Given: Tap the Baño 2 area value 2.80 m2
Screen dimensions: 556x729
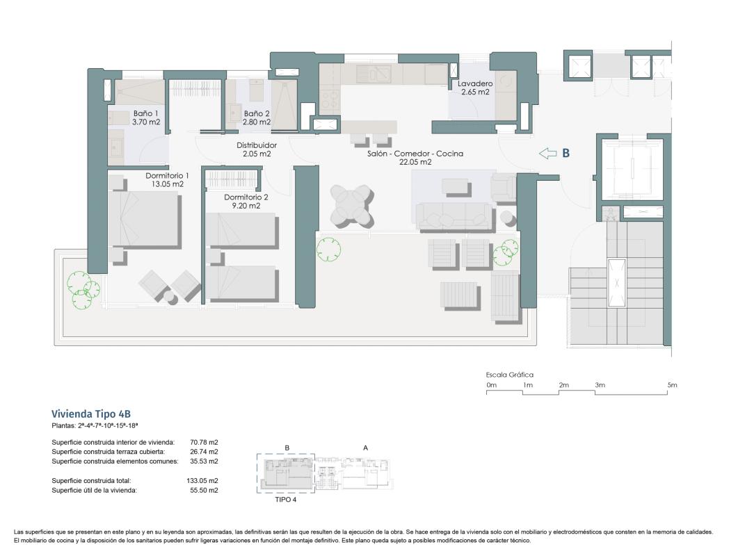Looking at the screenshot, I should pos(257,122).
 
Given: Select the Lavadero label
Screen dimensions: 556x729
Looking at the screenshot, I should pos(475,83).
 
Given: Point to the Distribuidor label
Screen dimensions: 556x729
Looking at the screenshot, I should pos(257,145).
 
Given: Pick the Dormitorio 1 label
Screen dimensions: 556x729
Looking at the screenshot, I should pos(167,176).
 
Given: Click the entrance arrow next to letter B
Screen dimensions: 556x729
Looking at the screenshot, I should pos(548,154).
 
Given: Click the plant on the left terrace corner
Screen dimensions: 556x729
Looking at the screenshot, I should pos(81,286).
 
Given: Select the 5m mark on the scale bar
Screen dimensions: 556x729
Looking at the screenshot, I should pos(671,385).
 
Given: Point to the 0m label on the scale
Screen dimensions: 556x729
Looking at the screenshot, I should pos(491,385).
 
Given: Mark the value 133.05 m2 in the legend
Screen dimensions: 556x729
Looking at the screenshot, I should pos(204,480).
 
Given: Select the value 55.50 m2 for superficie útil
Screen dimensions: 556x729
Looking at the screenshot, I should pos(204,490).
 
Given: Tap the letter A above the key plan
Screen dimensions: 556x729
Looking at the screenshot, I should pos(365,448).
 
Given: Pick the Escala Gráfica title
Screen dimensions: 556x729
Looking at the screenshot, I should pos(509,375).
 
